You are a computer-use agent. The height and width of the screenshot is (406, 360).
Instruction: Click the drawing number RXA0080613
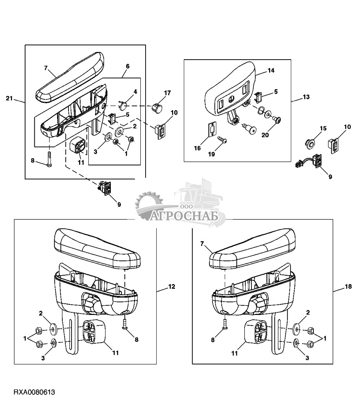34,392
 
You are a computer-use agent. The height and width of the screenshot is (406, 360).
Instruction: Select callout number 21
9,98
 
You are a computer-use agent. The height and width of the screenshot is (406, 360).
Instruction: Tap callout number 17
167,93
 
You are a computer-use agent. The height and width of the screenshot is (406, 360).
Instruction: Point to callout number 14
271,70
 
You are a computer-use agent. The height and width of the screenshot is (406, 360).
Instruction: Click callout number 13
306,97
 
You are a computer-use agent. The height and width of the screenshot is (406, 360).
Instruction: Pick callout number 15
323,128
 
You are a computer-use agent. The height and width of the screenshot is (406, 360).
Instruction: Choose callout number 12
172,287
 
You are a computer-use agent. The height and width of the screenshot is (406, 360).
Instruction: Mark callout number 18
349,287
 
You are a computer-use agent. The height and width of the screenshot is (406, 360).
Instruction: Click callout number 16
198,148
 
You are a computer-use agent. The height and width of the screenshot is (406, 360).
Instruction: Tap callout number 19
211,154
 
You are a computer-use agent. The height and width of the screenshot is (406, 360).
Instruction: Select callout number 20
265,135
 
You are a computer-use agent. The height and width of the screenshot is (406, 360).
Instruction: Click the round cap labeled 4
123,104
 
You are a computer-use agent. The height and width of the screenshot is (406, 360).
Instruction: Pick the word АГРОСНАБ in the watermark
184,216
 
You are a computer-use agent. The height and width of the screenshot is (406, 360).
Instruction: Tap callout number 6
128,66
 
